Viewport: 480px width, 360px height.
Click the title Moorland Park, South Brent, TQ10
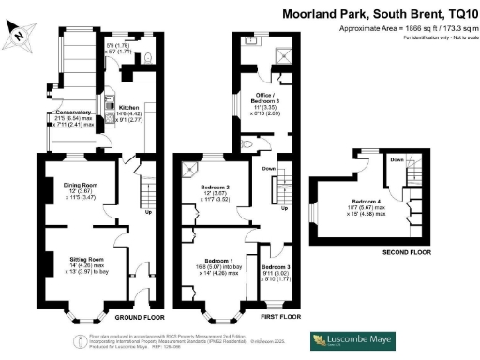click(380, 15)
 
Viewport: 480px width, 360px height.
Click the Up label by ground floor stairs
click(146, 211)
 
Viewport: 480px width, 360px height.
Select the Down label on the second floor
click(396, 160)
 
